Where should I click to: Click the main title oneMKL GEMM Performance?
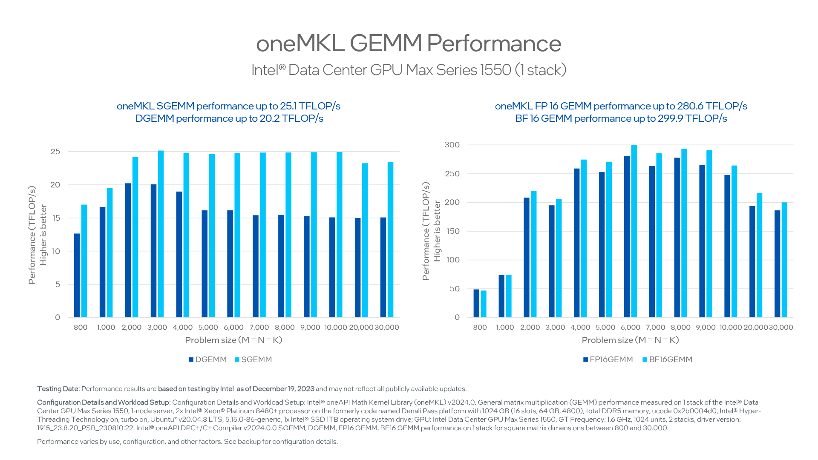click(x=408, y=43)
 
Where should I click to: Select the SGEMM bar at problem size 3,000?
click(x=161, y=234)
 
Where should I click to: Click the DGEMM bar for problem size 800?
click(x=77, y=276)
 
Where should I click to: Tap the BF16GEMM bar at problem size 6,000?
click(x=634, y=231)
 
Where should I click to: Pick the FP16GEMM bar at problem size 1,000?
click(x=501, y=296)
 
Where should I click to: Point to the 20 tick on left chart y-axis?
click(x=55, y=185)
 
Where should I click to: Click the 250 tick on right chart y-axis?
click(x=452, y=174)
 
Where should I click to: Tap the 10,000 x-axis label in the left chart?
click(x=336, y=328)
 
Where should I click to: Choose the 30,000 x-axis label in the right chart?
click(x=781, y=328)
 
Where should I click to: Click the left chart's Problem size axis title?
click(x=233, y=340)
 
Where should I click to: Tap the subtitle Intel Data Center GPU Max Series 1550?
click(x=408, y=70)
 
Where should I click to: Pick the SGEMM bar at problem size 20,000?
click(x=365, y=240)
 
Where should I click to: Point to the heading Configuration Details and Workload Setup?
click(x=104, y=402)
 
